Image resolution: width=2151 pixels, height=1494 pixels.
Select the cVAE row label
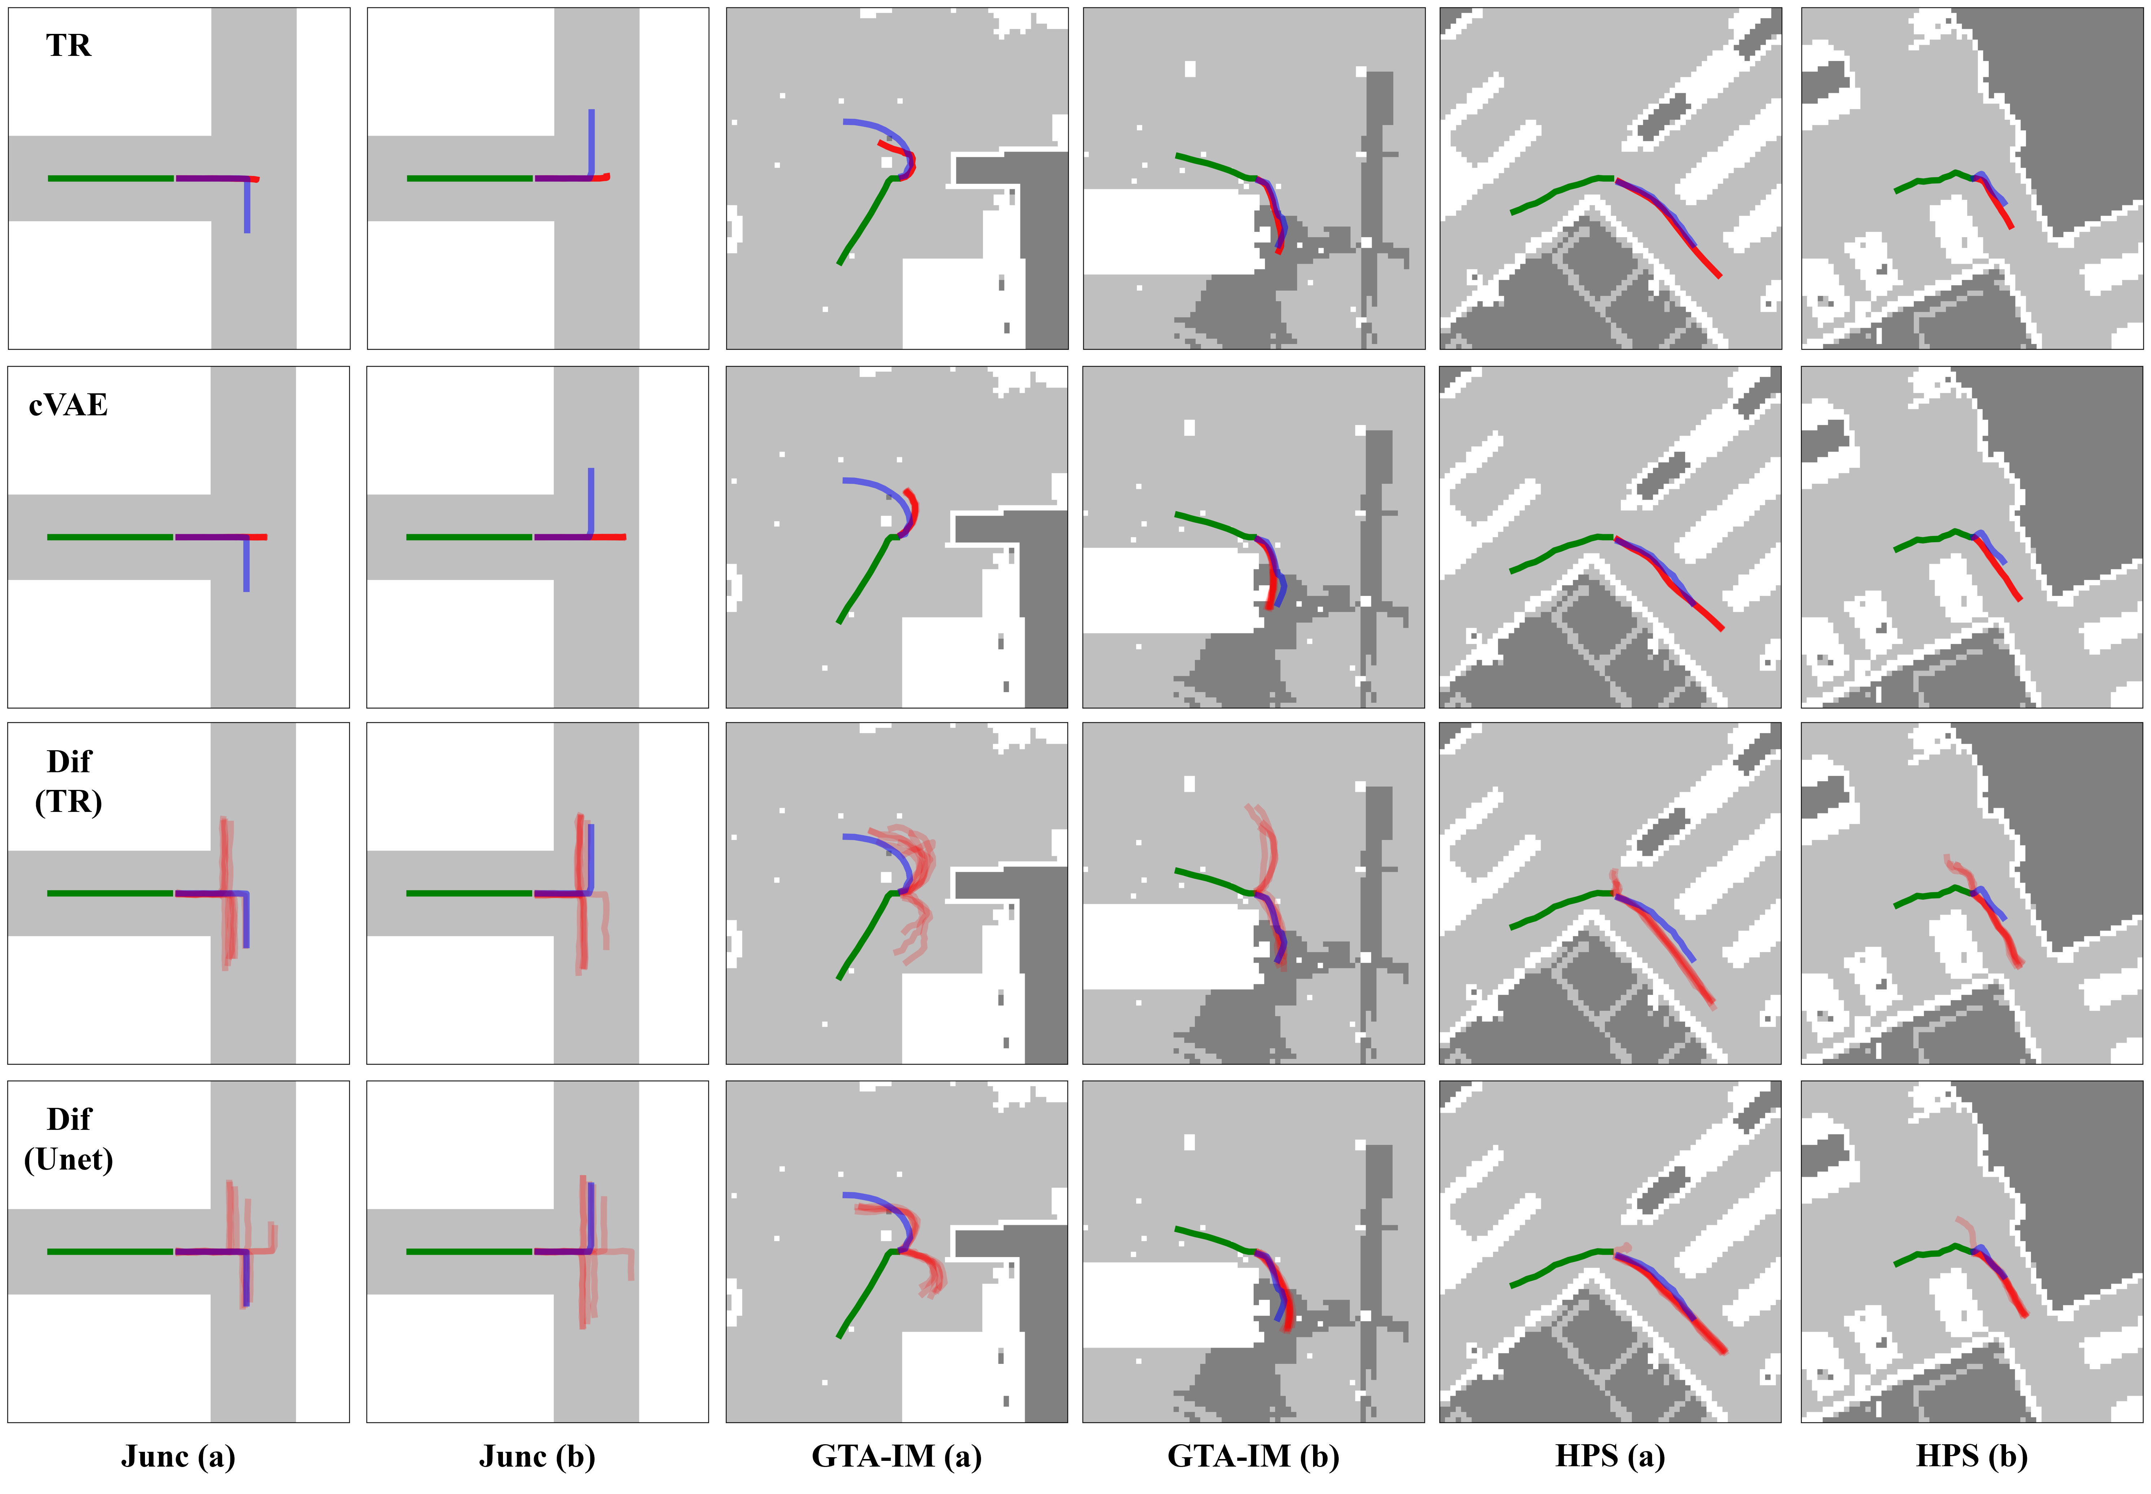(69, 405)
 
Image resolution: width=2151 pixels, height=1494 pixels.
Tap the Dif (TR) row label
(69, 782)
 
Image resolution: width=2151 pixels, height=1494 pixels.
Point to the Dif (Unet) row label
(69, 1139)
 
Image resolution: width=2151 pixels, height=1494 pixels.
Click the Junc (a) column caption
(178, 1457)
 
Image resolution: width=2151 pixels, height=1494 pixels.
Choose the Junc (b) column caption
(537, 1457)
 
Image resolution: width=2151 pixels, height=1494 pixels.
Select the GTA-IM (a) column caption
(897, 1457)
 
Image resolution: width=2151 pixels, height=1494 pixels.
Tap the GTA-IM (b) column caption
(1253, 1457)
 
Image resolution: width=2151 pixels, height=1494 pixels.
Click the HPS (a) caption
(1610, 1457)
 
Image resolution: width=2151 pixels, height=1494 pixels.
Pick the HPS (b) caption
(1972, 1457)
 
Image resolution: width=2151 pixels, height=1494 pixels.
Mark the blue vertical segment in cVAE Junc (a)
(246, 563)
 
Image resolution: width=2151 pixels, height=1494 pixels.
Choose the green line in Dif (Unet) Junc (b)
(470, 1252)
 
